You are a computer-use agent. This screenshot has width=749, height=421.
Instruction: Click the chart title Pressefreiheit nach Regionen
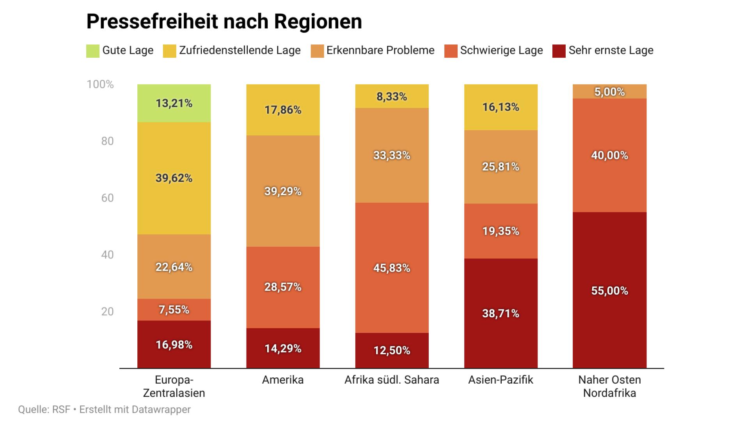pos(224,21)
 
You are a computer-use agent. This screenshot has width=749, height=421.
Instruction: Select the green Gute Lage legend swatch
pos(93,51)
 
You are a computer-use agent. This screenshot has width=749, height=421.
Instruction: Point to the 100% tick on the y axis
pos(100,84)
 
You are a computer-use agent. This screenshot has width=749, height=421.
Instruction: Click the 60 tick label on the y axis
pos(107,198)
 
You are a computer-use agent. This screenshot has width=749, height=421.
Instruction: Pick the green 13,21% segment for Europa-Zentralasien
pos(174,103)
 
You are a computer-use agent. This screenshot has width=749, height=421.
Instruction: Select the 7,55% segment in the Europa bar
pos(174,310)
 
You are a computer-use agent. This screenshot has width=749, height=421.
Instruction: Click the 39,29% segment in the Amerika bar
pos(283,191)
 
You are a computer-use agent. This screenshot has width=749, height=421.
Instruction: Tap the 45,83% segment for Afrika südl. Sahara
pos(392,268)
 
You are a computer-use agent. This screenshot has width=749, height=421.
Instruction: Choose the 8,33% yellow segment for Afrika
pos(392,96)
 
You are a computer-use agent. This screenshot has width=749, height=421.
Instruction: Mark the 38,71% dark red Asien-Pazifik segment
pos(501,313)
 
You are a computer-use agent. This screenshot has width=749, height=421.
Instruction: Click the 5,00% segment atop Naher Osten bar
pos(609,92)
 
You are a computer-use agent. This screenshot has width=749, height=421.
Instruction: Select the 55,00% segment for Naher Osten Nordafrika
pos(609,290)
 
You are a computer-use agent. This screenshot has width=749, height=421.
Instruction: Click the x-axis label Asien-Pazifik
pos(501,380)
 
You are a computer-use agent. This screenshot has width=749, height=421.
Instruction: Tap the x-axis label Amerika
pos(283,380)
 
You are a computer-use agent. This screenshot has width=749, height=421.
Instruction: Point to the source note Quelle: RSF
pos(44,409)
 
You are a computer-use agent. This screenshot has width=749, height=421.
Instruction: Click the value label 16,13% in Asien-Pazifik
pos(501,107)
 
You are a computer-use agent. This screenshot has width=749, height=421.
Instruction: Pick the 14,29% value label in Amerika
pos(283,348)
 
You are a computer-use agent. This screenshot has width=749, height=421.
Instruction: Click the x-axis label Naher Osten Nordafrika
pos(609,386)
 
